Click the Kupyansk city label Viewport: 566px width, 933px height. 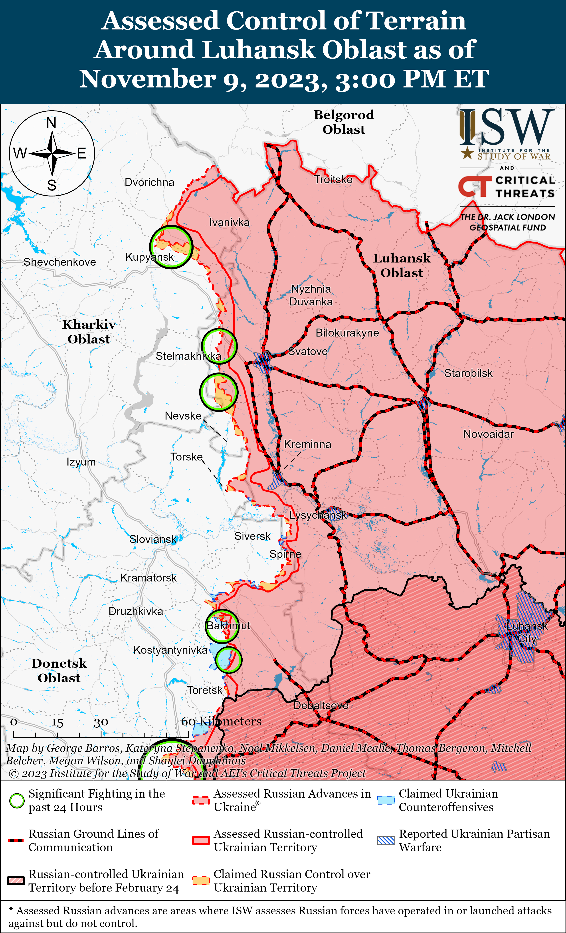tap(150, 257)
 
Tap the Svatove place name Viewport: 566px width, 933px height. tap(308, 351)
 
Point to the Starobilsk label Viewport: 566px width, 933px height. tap(468, 373)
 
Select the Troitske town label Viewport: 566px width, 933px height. tap(333, 180)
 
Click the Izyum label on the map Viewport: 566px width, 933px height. tap(81, 462)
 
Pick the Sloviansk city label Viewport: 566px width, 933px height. tap(152, 539)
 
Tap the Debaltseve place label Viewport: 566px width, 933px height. tap(321, 705)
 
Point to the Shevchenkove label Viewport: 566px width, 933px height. tap(60, 262)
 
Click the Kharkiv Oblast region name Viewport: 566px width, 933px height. tap(89, 332)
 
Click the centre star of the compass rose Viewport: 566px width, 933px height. tap(52, 153)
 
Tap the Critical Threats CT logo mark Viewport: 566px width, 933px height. tap(473, 186)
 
